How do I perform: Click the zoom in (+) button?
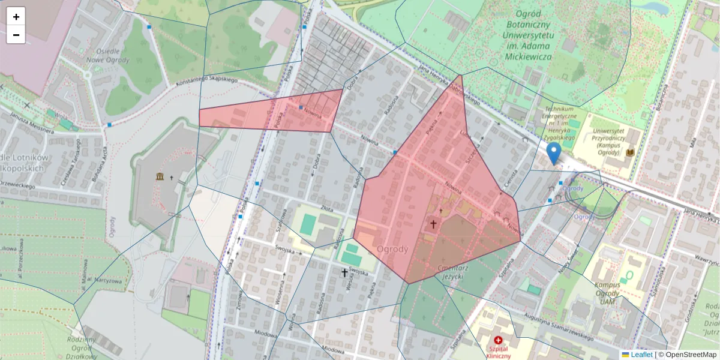point(16,17)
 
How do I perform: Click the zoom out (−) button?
point(16,35)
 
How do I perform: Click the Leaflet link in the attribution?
point(641,355)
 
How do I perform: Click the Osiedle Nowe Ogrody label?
point(108,55)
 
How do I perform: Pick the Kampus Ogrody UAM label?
point(608,293)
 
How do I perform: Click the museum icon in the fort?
point(160,176)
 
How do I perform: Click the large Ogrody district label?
point(393,249)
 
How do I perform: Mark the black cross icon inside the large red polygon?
point(433,224)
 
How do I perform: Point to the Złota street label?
point(327,208)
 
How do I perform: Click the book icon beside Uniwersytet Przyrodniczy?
point(630,153)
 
